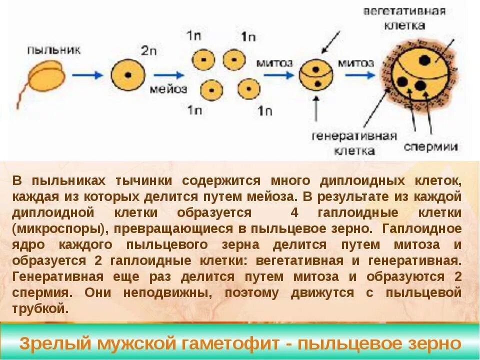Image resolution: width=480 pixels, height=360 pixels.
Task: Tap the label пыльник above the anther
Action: click(54, 50)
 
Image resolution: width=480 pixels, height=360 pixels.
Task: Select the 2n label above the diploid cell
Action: click(148, 50)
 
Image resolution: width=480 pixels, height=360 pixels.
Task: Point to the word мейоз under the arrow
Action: click(168, 89)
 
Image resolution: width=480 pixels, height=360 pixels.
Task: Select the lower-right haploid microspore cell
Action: click(248, 89)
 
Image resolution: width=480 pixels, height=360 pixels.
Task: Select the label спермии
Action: click(430, 146)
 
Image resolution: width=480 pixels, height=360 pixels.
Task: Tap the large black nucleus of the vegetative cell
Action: click(424, 60)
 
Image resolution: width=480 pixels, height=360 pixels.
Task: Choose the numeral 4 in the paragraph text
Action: click(294, 212)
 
